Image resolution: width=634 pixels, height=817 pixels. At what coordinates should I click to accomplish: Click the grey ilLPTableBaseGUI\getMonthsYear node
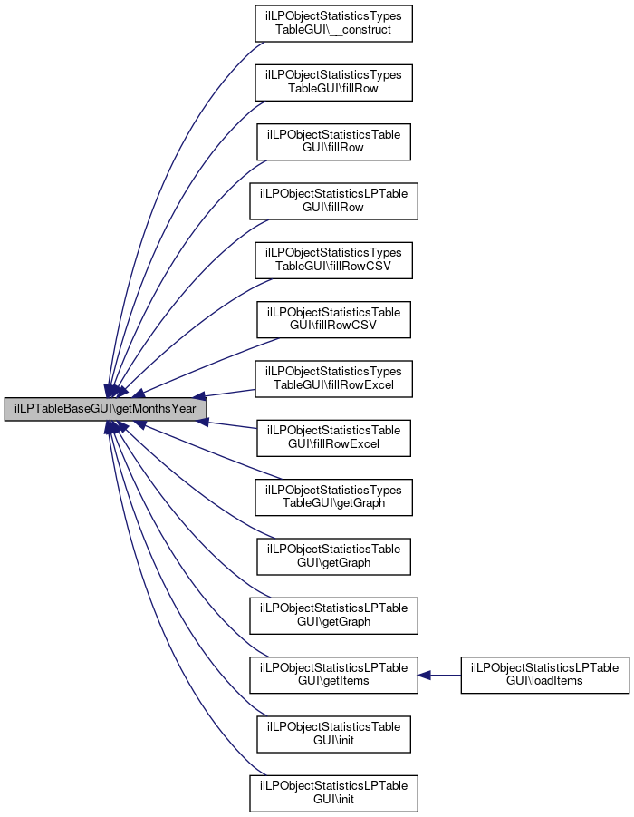point(105,409)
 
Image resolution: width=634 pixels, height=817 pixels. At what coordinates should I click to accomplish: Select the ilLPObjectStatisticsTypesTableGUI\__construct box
point(333,24)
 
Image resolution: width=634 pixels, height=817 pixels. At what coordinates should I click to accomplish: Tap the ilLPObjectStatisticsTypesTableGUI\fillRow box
point(333,83)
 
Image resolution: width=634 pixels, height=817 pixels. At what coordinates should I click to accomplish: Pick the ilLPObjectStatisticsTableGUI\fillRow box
point(333,141)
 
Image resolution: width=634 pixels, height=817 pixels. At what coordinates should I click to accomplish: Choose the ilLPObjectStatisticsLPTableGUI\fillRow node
point(333,201)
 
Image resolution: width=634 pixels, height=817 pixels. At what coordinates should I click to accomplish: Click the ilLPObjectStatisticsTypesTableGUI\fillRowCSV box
point(333,260)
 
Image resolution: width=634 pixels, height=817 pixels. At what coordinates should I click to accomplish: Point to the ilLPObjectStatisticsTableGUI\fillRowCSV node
point(333,319)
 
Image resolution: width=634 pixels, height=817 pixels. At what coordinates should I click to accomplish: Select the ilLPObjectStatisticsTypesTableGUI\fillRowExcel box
point(333,379)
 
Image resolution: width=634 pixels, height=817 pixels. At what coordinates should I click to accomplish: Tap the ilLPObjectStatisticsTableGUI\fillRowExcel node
point(333,438)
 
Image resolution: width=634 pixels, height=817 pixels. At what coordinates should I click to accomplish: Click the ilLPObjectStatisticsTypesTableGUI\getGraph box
point(333,497)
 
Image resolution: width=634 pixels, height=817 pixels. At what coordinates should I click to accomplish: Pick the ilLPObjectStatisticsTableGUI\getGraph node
point(333,557)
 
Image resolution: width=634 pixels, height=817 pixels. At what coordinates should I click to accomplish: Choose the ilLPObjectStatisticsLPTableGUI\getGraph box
point(333,616)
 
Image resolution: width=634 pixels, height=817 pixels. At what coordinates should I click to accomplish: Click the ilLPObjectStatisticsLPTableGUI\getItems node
point(333,675)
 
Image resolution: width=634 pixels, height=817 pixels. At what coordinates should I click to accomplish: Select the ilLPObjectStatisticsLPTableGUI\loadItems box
point(545,675)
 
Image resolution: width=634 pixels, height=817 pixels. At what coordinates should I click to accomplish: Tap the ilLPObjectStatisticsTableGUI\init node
point(333,734)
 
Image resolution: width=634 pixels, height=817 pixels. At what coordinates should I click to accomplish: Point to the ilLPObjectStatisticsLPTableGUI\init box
point(333,793)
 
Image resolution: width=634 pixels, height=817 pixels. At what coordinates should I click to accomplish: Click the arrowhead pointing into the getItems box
point(424,676)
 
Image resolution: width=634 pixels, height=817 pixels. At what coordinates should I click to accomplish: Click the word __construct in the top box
point(360,30)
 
